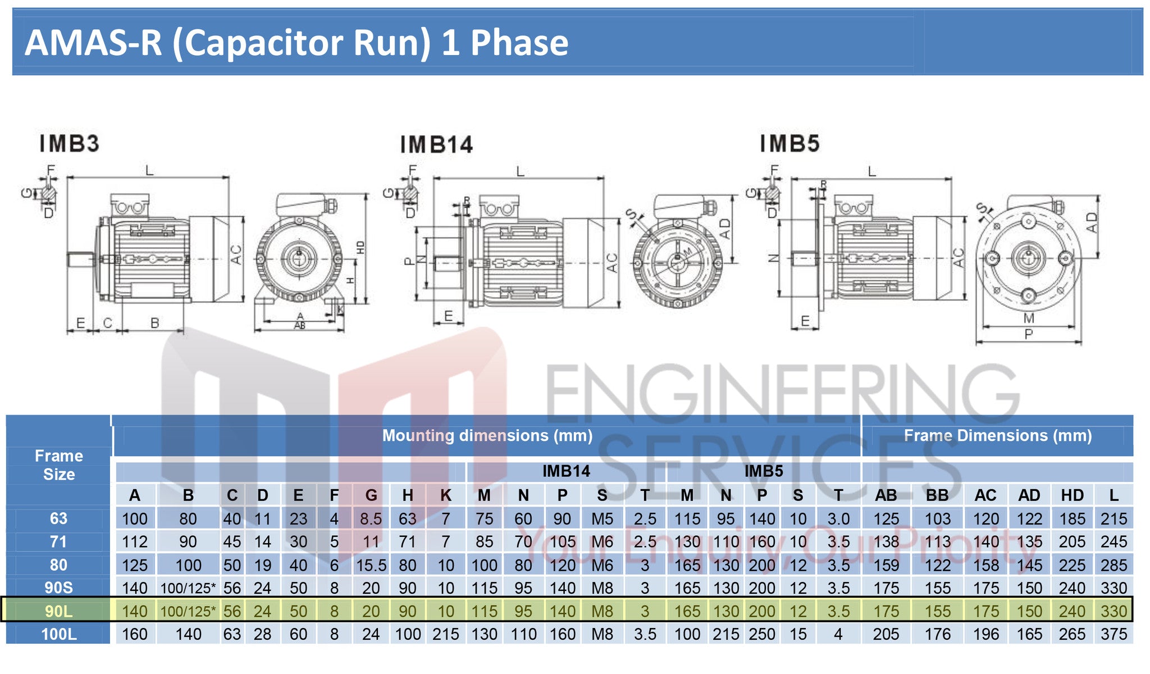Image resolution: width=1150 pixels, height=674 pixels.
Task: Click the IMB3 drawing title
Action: point(69,144)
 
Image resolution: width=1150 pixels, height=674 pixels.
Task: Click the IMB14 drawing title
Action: point(436,145)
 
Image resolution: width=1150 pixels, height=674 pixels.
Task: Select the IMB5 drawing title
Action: point(790,144)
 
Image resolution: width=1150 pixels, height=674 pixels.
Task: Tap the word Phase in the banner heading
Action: point(519,43)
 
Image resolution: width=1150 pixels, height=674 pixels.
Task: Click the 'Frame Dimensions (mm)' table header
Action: point(997,436)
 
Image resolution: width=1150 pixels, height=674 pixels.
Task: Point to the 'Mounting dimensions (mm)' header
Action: point(487,436)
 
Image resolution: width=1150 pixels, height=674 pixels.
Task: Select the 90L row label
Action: point(58,611)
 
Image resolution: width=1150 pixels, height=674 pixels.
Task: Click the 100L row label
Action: point(58,634)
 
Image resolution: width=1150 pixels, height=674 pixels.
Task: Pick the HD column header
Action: point(1072,495)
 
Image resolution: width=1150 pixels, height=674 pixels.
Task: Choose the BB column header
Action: point(937,495)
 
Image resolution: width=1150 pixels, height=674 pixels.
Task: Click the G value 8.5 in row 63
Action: point(371,519)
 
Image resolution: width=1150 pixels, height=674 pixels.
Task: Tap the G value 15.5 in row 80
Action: point(371,565)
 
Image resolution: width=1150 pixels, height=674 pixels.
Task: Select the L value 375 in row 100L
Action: point(1114,634)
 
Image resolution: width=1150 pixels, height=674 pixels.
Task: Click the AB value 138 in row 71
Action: point(886,542)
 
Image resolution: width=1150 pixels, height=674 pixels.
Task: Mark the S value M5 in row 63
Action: point(602,519)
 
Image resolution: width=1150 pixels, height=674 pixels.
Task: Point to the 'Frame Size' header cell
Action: point(58,465)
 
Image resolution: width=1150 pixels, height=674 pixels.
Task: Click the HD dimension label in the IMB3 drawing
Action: point(360,247)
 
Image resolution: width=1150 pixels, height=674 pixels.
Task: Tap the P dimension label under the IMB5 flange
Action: point(1028,334)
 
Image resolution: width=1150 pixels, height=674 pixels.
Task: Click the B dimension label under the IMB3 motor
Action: point(154,323)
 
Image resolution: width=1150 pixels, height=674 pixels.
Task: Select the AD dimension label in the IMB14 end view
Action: point(725,229)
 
